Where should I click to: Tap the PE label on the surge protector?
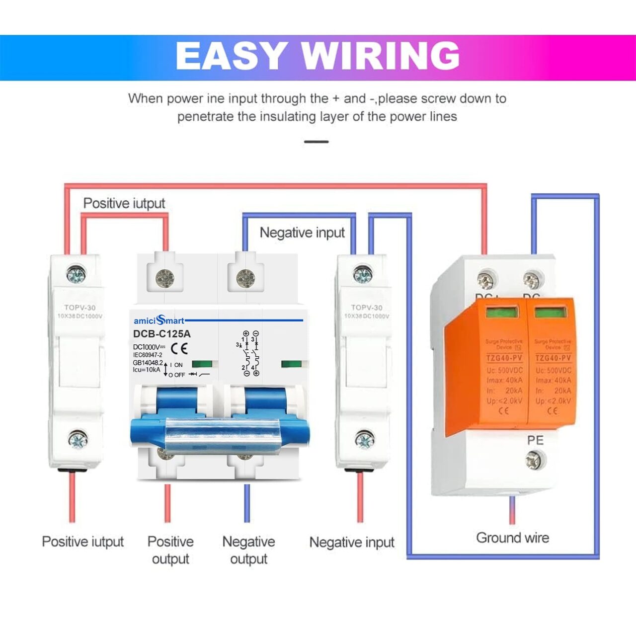[x=535, y=440]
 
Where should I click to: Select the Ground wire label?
[x=512, y=538]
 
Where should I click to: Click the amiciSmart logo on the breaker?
[x=159, y=320]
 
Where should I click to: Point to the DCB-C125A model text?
[x=161, y=334]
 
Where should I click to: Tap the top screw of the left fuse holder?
[x=76, y=274]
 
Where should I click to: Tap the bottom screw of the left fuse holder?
[x=78, y=439]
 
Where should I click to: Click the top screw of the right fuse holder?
[x=363, y=274]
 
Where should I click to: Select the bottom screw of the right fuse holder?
[x=364, y=440]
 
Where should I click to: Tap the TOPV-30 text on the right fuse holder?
[x=367, y=308]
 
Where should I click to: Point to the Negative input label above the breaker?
[x=302, y=233]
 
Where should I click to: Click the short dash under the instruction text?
[x=317, y=142]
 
